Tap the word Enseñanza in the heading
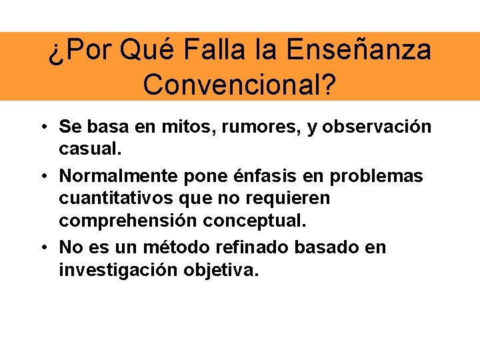coord(359,50)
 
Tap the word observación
coord(375,127)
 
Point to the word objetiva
coord(223,270)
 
